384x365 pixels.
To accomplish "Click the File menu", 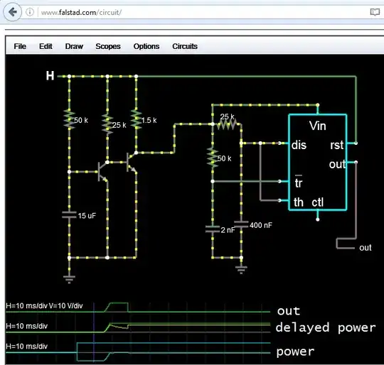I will click(x=20, y=46).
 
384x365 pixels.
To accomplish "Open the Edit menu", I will click(x=46, y=46).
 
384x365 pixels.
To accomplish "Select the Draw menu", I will click(x=74, y=46).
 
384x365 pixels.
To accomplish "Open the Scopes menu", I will click(x=108, y=46).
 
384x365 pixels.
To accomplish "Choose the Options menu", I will click(x=146, y=46).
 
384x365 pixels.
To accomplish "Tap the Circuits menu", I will click(x=185, y=46).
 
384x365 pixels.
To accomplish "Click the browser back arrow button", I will click(x=13, y=12).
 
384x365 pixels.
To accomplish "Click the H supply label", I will click(x=50, y=75).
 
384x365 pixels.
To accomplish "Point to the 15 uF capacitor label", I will click(x=87, y=215).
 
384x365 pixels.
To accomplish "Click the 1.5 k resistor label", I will click(x=149, y=121).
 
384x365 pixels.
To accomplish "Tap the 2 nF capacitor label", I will click(x=228, y=229).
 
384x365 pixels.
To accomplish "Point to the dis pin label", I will click(x=300, y=145).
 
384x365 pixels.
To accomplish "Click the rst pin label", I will click(x=337, y=145).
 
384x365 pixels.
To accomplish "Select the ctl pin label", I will click(x=318, y=202).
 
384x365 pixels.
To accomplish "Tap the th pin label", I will click(x=299, y=202).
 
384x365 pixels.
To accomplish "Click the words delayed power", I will click(x=325, y=327).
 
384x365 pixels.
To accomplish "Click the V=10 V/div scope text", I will click(x=72, y=305).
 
